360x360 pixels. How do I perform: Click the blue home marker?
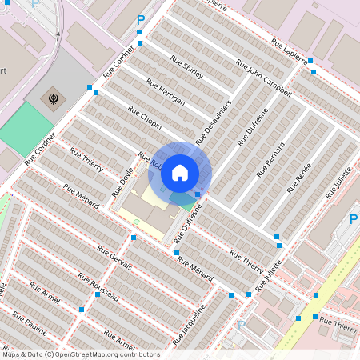[180, 172]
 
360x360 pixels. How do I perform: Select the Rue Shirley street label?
[187, 68]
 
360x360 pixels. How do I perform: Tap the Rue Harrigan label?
[166, 91]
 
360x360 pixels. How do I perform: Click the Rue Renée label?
[299, 178]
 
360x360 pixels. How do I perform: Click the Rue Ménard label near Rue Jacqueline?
[195, 270]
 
